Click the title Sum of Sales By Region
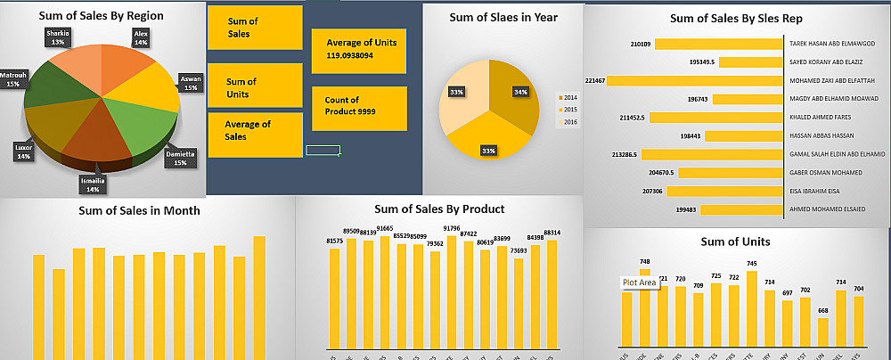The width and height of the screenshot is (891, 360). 101,15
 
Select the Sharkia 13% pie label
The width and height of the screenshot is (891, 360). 58,37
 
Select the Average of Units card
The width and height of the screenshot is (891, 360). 358,49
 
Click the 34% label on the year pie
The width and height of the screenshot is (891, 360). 520,91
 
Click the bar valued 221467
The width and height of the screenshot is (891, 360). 695,81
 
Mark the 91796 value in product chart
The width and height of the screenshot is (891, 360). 451,228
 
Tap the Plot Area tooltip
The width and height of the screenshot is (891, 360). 639,282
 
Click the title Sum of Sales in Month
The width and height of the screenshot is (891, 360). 139,210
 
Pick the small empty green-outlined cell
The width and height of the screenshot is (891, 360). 323,150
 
